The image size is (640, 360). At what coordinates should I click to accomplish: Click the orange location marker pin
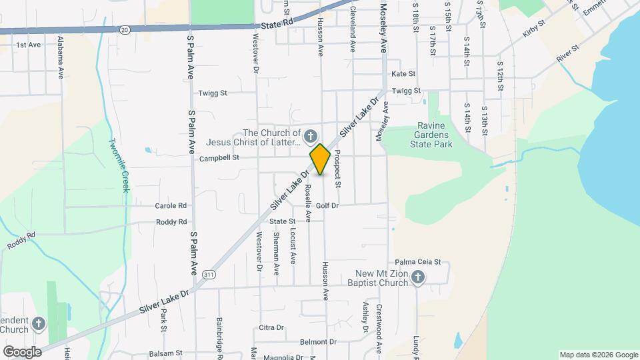(320, 159)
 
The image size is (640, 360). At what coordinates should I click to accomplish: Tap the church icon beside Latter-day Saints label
(310, 137)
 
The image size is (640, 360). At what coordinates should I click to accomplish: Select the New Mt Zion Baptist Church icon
(418, 277)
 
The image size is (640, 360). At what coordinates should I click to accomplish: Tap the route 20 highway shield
(125, 29)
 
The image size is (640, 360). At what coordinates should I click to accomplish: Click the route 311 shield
(210, 275)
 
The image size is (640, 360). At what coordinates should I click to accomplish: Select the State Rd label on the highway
(277, 24)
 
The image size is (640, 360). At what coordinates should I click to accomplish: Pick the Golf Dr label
(327, 205)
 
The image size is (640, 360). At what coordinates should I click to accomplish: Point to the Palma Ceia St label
(418, 262)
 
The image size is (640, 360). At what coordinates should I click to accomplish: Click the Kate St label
(403, 74)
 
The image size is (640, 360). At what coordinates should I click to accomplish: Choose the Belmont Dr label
(318, 342)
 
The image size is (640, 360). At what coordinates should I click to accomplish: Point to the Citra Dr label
(271, 327)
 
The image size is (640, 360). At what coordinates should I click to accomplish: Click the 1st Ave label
(29, 45)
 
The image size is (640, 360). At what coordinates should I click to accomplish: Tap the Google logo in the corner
(22, 351)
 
